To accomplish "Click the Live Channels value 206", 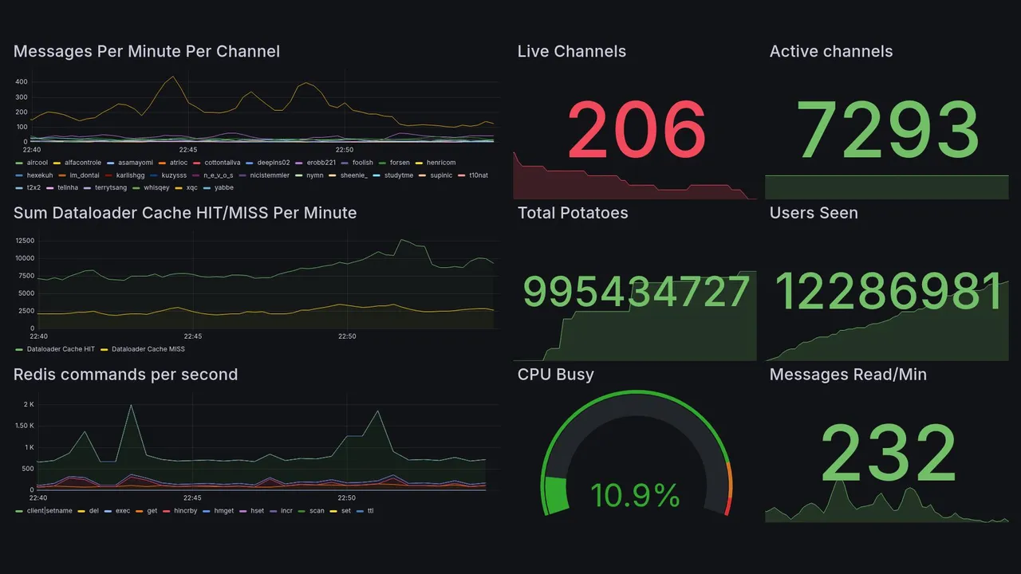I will pyautogui.click(x=637, y=129).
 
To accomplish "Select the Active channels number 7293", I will pyautogui.click(x=887, y=129).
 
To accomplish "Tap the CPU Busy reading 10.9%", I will pyautogui.click(x=635, y=496).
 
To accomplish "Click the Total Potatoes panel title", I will pyautogui.click(x=572, y=213).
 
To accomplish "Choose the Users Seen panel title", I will pyautogui.click(x=813, y=213).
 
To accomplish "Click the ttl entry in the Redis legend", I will pyautogui.click(x=370, y=510).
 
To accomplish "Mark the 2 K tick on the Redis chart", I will pyautogui.click(x=28, y=405).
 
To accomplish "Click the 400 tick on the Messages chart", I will pyautogui.click(x=22, y=82).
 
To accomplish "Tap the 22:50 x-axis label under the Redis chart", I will pyautogui.click(x=345, y=497).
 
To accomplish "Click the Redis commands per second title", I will pyautogui.click(x=125, y=375).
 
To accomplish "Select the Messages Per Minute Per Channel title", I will pyautogui.click(x=146, y=52).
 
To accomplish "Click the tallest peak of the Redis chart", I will pyautogui.click(x=131, y=406).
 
